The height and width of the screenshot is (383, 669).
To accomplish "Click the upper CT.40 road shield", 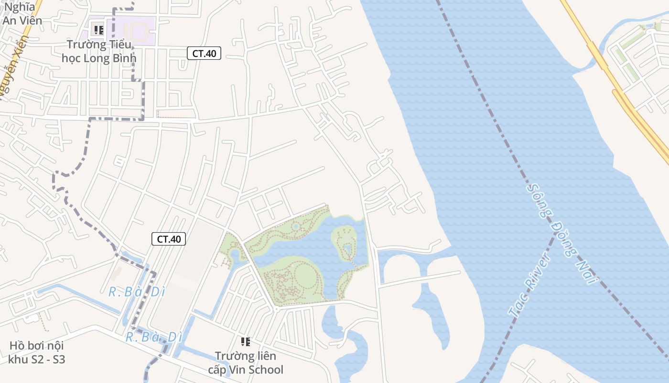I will click(x=204, y=54).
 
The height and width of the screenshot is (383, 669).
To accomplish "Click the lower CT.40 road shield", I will click(x=169, y=239).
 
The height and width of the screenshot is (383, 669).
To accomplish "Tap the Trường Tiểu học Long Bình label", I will click(x=99, y=51).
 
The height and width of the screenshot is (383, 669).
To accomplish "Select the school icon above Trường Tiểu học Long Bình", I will click(x=99, y=30).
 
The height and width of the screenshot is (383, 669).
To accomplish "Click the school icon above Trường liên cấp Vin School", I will click(x=246, y=342).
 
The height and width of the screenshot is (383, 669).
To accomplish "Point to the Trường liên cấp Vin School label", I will click(x=246, y=363).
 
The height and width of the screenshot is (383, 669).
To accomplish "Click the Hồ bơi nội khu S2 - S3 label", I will click(x=37, y=352).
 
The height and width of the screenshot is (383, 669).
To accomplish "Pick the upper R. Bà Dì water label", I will click(x=137, y=292).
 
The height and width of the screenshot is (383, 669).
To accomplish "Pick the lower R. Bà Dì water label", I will click(x=154, y=337).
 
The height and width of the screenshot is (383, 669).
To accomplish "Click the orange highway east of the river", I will click(x=616, y=86).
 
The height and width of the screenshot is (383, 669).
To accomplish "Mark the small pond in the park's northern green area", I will click(x=296, y=226).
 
